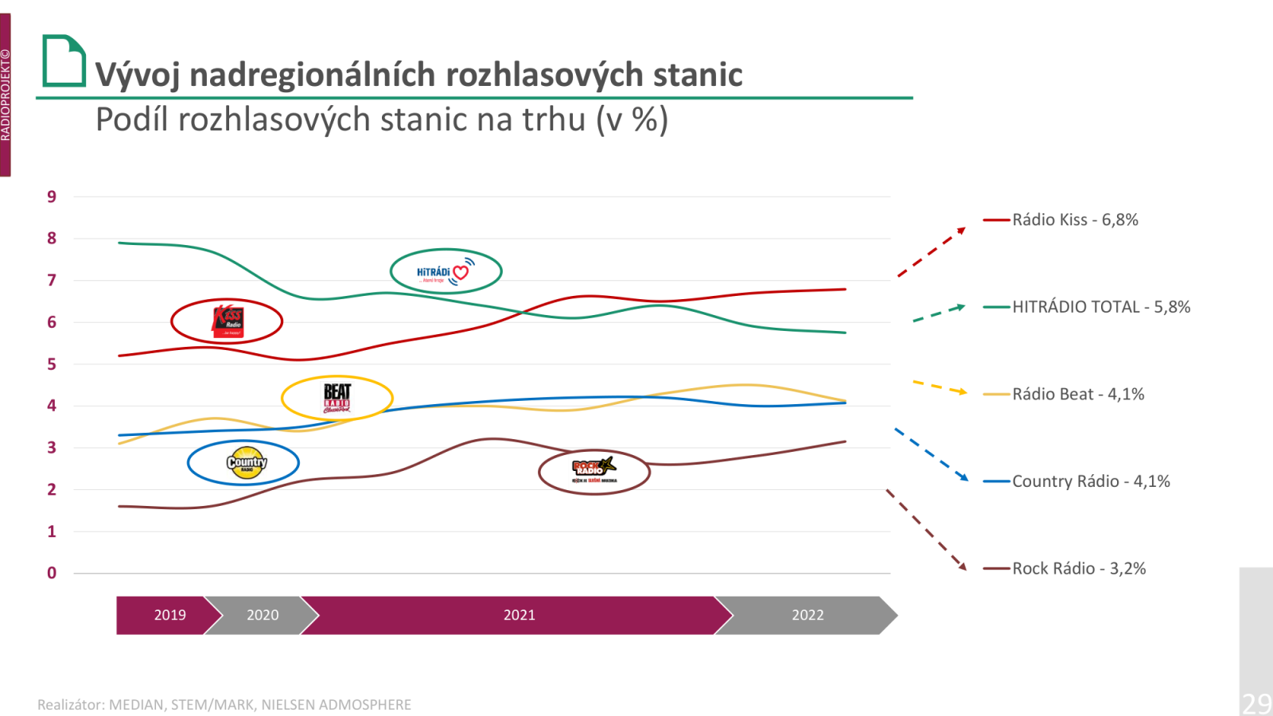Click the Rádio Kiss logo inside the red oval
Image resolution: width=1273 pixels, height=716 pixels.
(x=228, y=321)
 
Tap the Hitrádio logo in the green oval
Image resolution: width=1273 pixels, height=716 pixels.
(x=445, y=272)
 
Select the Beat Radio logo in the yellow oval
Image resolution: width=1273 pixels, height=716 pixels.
(x=337, y=398)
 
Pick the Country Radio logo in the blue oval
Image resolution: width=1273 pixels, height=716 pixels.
(x=246, y=463)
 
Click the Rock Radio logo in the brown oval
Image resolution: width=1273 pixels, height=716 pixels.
(x=594, y=470)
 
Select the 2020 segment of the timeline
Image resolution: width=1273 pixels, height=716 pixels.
(x=263, y=615)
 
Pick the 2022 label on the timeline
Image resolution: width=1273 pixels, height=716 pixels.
(x=808, y=615)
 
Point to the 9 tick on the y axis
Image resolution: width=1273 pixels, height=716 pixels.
(x=52, y=197)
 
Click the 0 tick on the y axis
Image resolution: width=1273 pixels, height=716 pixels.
(x=52, y=573)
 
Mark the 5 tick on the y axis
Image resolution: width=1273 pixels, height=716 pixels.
(x=52, y=364)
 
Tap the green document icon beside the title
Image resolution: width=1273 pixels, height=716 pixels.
(x=64, y=60)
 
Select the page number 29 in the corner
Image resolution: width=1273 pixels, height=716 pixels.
(x=1256, y=703)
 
